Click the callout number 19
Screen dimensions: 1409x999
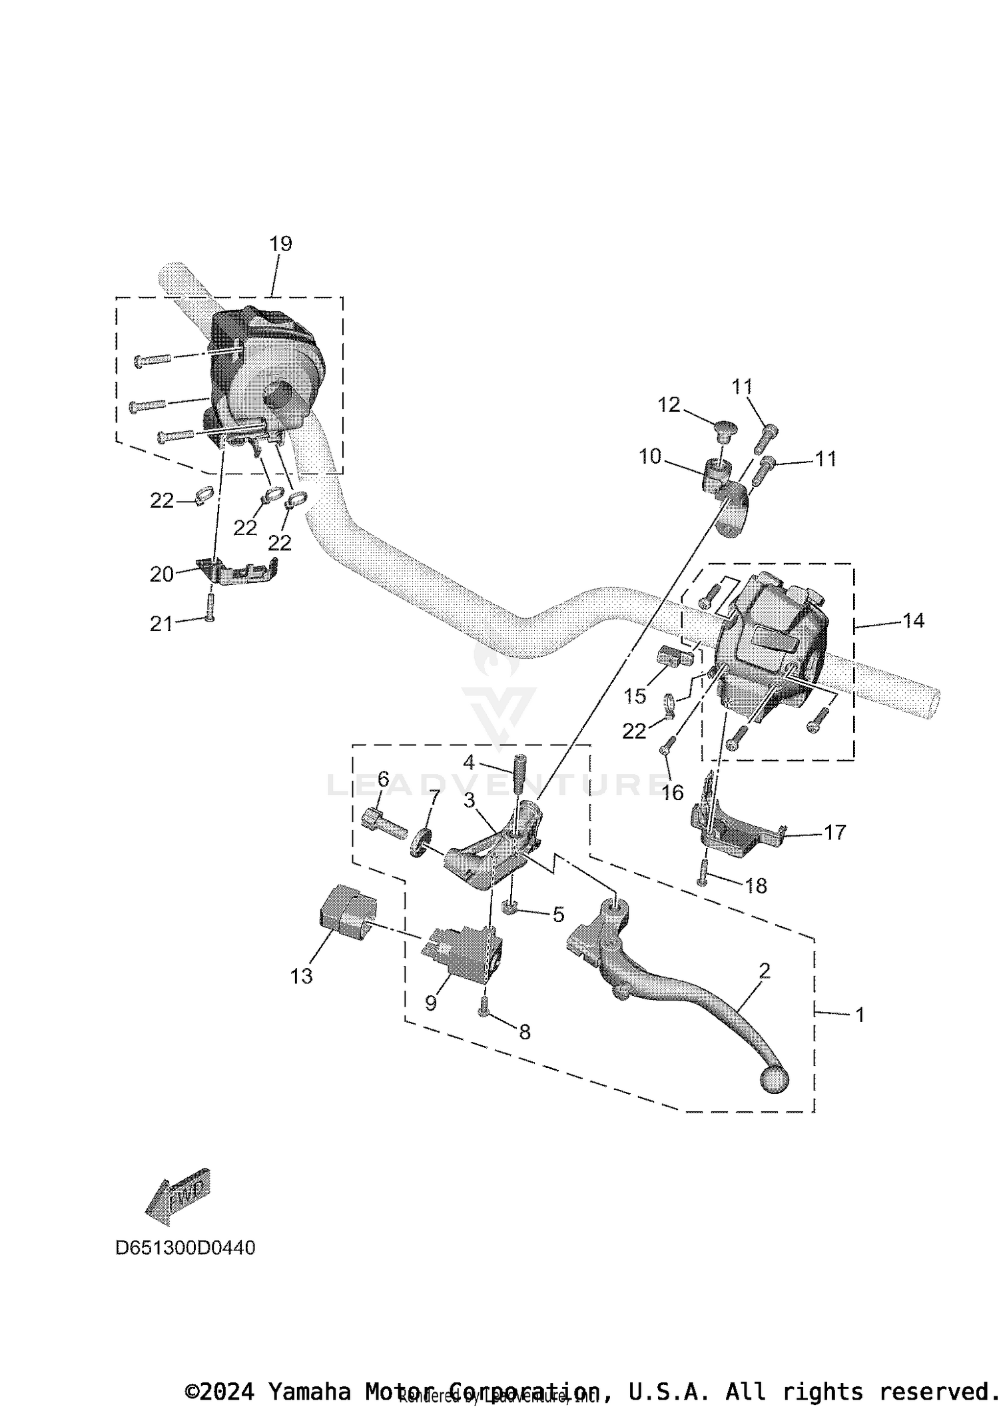point(280,244)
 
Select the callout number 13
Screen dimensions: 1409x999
point(301,976)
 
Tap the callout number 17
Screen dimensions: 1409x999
point(835,832)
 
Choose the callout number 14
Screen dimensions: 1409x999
point(913,620)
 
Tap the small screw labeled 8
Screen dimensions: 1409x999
point(484,1011)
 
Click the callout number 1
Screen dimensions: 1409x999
point(860,1015)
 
